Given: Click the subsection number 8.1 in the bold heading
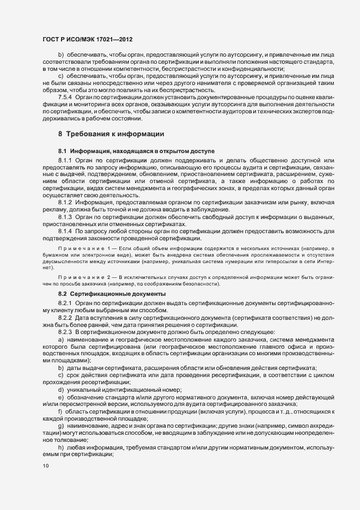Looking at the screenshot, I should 62,150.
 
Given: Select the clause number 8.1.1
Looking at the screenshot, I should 66,161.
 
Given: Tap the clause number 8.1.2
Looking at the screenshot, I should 65,203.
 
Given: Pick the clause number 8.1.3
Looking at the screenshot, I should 65,217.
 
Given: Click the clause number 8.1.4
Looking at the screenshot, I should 66,231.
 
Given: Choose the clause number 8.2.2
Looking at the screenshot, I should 65,317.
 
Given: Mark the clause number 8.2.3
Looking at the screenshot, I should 65,331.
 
